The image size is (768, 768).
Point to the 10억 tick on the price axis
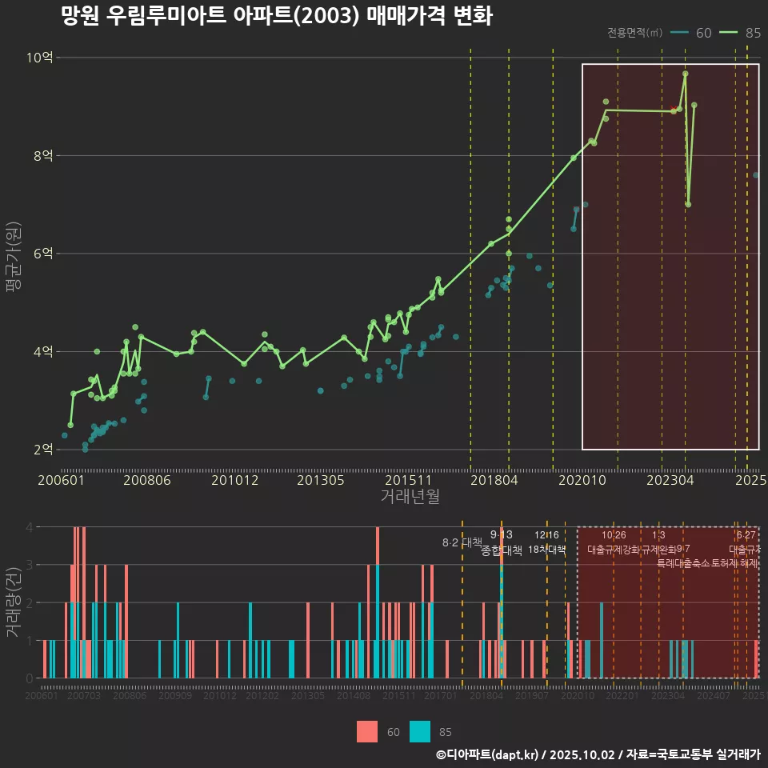40,58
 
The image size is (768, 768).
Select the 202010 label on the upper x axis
582,480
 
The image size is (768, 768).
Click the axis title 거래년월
410,497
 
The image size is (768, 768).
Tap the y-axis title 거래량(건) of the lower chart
13,602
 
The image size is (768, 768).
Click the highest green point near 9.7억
686,74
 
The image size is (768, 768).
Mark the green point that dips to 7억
688,204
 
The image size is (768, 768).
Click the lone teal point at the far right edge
756,175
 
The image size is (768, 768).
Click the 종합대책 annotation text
501,550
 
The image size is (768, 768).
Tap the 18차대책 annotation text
547,550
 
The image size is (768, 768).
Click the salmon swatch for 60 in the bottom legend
367,731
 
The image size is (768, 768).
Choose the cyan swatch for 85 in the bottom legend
420,731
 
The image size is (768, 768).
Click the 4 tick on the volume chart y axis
30,527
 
